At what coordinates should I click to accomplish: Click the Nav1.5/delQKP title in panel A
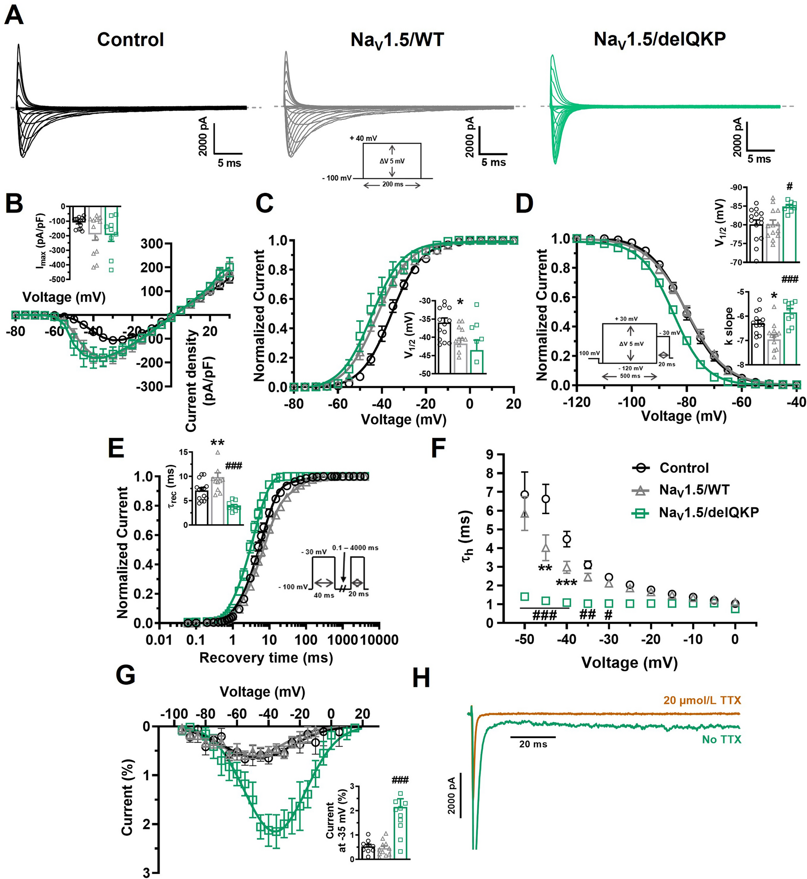(659, 40)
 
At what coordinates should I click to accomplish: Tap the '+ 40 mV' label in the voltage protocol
(363, 138)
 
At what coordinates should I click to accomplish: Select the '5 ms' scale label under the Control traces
(229, 163)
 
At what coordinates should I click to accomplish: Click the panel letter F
(438, 448)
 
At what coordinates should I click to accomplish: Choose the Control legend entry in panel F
(684, 468)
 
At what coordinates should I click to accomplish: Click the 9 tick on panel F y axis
(490, 454)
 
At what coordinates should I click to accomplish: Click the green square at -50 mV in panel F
(525, 597)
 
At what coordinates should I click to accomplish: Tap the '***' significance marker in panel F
(566, 584)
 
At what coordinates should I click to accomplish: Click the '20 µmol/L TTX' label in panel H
(702, 700)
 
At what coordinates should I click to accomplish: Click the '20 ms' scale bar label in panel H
(533, 744)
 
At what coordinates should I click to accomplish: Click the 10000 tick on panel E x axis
(380, 640)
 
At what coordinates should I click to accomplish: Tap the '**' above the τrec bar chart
(217, 443)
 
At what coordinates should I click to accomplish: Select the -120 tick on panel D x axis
(576, 402)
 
